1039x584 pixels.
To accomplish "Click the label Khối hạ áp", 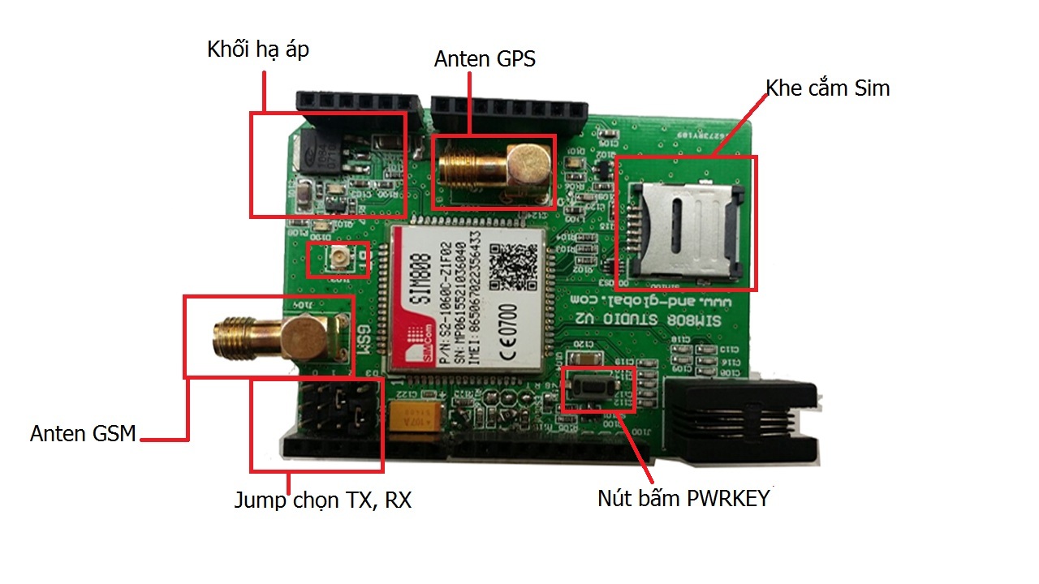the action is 258,50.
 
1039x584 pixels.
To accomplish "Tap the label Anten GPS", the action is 485,59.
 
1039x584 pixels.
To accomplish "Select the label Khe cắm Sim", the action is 827,88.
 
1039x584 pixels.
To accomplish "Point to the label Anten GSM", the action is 83,433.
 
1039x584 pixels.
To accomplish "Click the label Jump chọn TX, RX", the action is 323,500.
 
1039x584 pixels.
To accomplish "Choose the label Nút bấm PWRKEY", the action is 683,498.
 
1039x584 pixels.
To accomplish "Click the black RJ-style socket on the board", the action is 743,422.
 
